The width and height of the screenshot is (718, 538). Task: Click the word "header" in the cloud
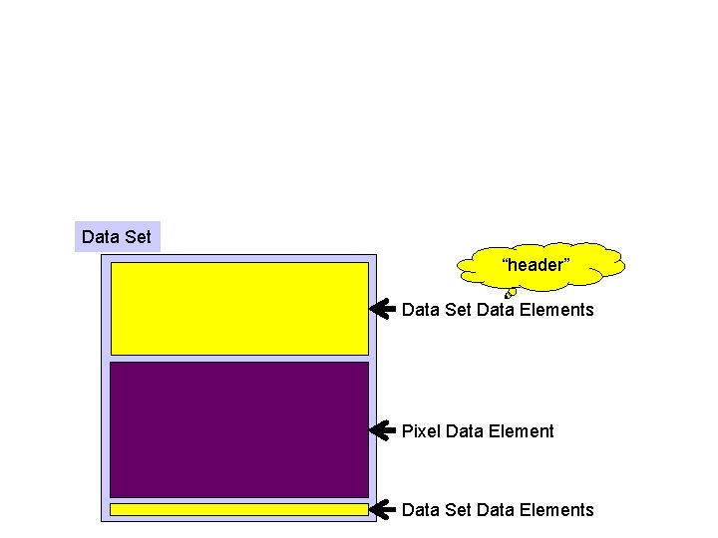(x=536, y=265)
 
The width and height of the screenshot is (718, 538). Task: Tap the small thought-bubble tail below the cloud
(x=510, y=293)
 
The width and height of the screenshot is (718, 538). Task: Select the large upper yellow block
(x=239, y=308)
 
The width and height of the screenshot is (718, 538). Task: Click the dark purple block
(x=239, y=428)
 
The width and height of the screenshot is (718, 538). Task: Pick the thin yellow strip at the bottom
(x=239, y=509)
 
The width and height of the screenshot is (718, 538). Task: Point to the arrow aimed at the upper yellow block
(x=382, y=309)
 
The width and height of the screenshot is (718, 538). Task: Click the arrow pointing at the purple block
(x=382, y=430)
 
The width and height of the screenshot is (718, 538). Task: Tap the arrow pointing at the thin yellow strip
(x=382, y=509)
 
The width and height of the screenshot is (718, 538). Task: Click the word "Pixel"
(x=422, y=431)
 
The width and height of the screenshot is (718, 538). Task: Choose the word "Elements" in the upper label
(x=555, y=310)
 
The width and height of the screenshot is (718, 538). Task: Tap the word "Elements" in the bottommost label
(x=555, y=510)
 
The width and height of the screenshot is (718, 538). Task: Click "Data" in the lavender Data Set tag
(x=101, y=237)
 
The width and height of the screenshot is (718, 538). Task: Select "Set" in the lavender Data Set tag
(x=138, y=237)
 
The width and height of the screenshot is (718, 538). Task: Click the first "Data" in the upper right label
(x=421, y=310)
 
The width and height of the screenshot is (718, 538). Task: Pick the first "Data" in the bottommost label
(x=421, y=510)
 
